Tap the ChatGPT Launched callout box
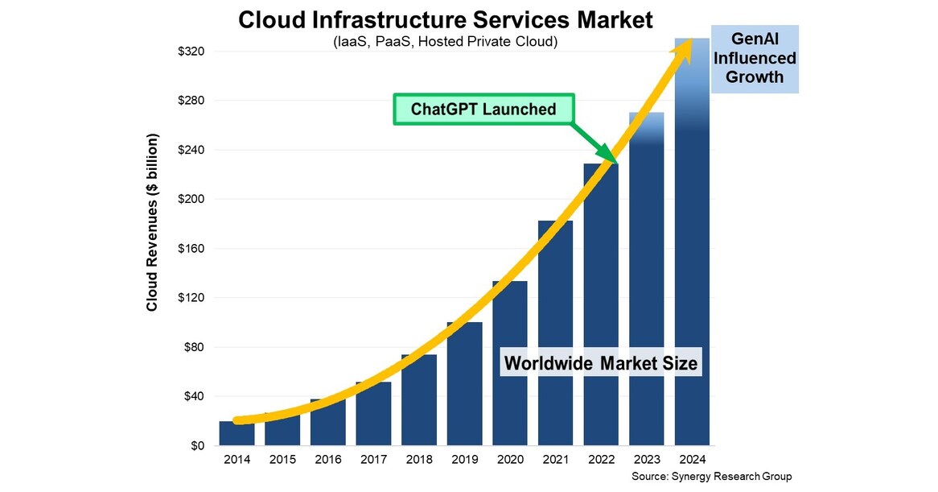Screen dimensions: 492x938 point(484,109)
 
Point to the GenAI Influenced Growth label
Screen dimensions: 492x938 point(754,58)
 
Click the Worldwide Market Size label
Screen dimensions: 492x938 point(600,363)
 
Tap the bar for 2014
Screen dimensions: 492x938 point(237,433)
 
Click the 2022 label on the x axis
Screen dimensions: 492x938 point(601,460)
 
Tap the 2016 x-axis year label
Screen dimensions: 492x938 point(327,460)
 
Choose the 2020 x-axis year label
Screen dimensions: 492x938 point(510,460)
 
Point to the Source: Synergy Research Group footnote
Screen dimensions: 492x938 point(712,477)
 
